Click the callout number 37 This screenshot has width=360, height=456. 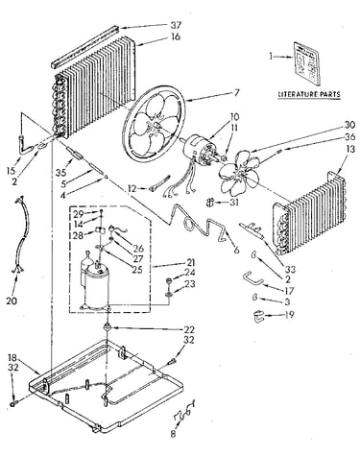coord(176,25)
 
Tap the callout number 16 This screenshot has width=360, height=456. coord(176,36)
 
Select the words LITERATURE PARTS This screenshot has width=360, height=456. coord(309,94)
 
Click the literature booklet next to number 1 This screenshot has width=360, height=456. coord(306,63)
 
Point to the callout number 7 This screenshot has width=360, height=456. coord(236,93)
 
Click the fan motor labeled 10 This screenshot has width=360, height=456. coord(199,150)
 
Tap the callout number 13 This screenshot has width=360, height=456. coord(350,149)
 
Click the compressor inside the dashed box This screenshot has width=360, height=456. coord(95,285)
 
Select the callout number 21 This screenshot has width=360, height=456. coord(190,263)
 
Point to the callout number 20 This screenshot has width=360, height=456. coord(12,300)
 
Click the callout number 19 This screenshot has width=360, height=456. coord(289,315)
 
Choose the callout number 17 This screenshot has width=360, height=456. coord(289,291)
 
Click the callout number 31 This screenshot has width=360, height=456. coord(234,203)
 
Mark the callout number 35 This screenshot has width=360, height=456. coord(60,173)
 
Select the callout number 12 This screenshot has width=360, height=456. coord(132,188)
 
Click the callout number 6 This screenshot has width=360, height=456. coord(236,250)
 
